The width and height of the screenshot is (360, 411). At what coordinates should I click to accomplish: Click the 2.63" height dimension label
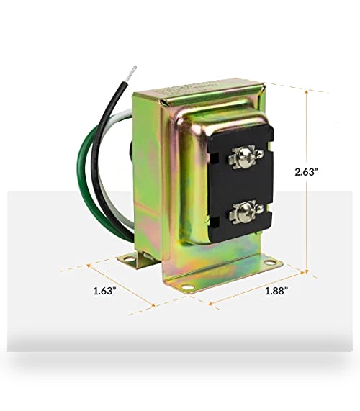point(307,172)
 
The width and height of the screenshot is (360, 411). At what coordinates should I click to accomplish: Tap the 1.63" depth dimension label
point(105,291)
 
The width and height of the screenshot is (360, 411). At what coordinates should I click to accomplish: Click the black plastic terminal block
point(240,184)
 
